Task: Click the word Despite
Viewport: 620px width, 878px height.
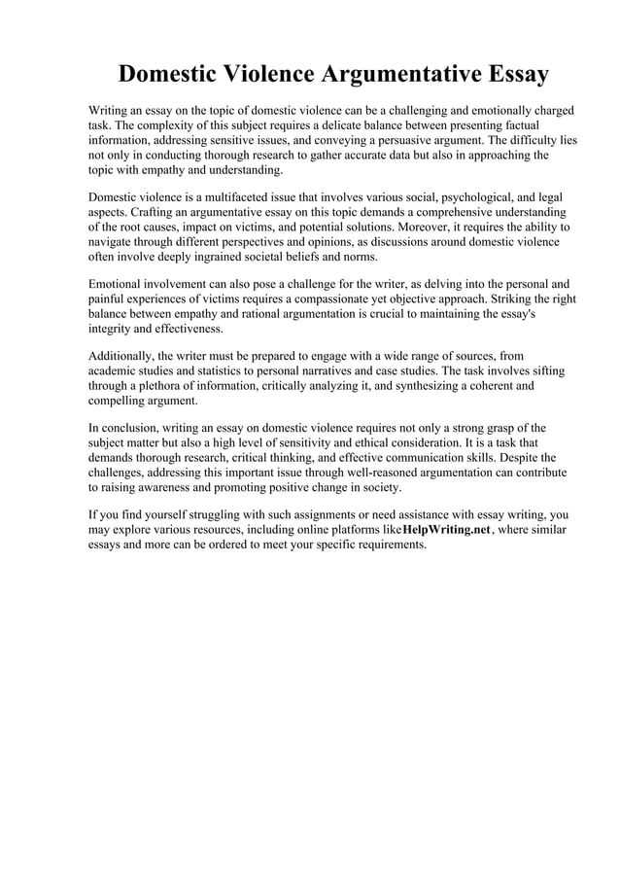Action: tap(537, 456)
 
